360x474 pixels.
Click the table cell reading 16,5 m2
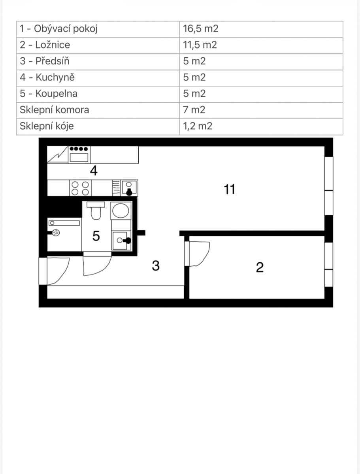(201, 29)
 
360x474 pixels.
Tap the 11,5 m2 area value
(200, 45)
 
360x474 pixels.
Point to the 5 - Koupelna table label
(49, 94)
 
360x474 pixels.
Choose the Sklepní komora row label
(55, 110)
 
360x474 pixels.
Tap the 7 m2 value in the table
(194, 110)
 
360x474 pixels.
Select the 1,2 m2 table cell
(198, 126)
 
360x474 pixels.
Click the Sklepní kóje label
(47, 126)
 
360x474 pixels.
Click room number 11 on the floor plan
(229, 190)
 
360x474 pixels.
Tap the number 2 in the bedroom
(260, 268)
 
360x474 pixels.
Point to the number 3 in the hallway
(156, 266)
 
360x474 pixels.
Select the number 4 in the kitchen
(94, 171)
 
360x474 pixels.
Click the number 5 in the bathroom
(96, 236)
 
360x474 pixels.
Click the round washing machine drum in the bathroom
(121, 210)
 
